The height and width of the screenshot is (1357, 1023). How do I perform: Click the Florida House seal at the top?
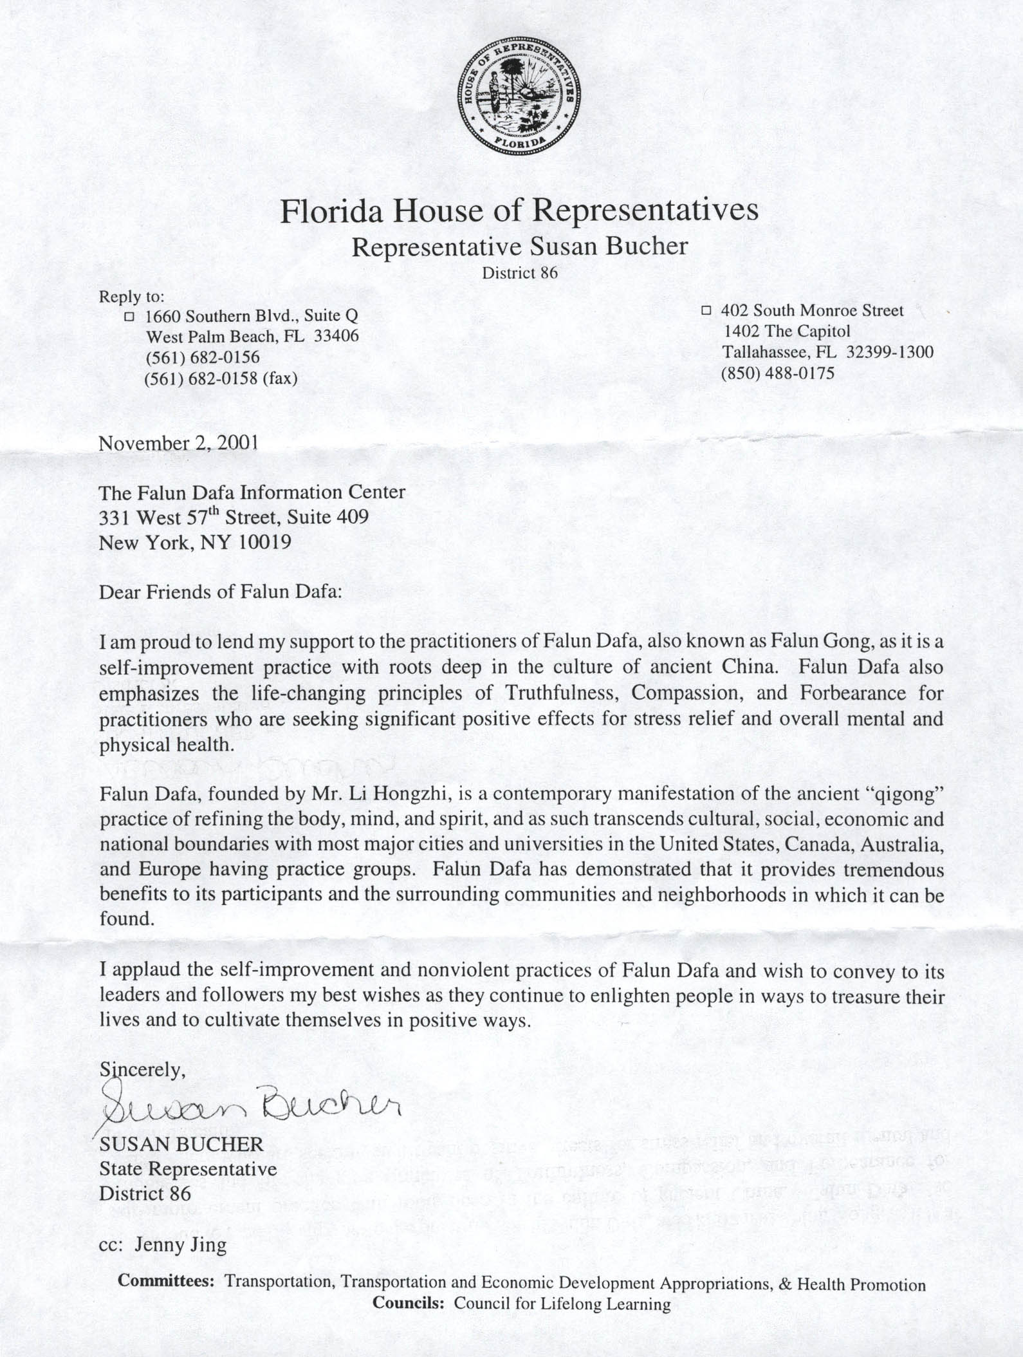coord(519,95)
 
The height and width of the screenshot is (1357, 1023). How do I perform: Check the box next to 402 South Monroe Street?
coord(706,310)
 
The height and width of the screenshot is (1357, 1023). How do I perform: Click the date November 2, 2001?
coord(179,443)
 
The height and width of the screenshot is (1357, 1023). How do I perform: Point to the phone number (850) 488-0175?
coord(777,373)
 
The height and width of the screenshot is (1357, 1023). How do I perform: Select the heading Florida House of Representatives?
coord(519,210)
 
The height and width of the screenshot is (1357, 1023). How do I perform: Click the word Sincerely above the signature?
coord(142,1069)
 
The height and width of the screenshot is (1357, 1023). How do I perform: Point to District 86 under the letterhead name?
coord(520,273)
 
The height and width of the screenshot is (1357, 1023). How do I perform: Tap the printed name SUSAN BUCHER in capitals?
coord(181,1144)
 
